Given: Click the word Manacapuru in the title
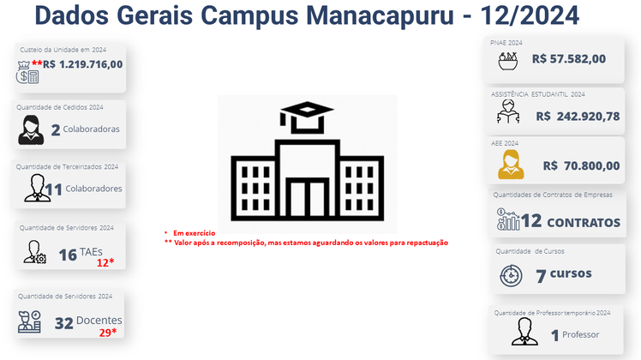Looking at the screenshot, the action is pyautogui.click(x=380, y=15).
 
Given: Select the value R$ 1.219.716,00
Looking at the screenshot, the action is pyautogui.click(x=82, y=64).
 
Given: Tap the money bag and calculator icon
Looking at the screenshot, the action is pyautogui.click(x=27, y=72).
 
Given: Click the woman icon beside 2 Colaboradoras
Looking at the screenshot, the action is pyautogui.click(x=31, y=129).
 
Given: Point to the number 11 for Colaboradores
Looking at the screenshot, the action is pyautogui.click(x=53, y=189).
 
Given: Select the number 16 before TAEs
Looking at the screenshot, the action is pyautogui.click(x=68, y=255).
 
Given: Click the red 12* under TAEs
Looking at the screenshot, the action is pyautogui.click(x=105, y=262).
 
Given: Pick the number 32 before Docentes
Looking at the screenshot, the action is pyautogui.click(x=63, y=324).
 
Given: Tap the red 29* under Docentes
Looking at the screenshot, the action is pyautogui.click(x=107, y=333).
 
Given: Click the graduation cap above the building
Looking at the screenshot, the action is pyautogui.click(x=307, y=117).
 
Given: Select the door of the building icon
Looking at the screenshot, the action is pyautogui.click(x=307, y=197).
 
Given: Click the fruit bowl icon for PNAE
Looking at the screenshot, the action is pyautogui.click(x=508, y=62).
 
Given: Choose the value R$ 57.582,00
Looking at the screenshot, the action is pyautogui.click(x=569, y=59).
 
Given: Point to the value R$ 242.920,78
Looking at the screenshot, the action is pyautogui.click(x=578, y=117).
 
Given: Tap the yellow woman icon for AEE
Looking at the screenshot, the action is pyautogui.click(x=511, y=165).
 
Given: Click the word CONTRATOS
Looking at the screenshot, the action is pyautogui.click(x=584, y=223).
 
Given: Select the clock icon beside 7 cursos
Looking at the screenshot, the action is pyautogui.click(x=511, y=276).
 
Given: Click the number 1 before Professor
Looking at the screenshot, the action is pyautogui.click(x=554, y=335).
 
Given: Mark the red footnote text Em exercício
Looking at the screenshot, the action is pyautogui.click(x=195, y=233).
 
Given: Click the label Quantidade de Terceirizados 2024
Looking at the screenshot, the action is pyautogui.click(x=67, y=167).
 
